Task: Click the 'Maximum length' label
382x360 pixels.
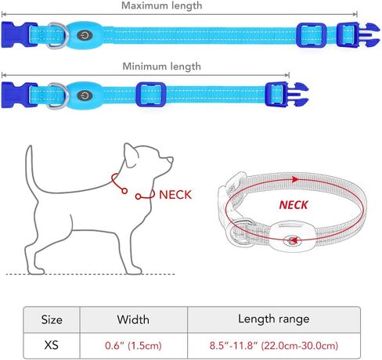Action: tap(162, 5)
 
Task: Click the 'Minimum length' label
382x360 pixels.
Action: tap(162, 67)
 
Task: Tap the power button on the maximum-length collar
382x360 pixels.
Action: tap(85, 35)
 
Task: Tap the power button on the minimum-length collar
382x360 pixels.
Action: tap(85, 95)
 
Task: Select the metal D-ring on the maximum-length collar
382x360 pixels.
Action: tap(58, 35)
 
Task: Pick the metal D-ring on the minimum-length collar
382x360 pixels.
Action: tap(58, 95)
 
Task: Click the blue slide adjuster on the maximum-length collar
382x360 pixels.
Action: tap(312, 35)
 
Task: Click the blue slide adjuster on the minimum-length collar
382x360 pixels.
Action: tap(151, 94)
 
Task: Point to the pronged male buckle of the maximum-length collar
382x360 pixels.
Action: tap(358, 34)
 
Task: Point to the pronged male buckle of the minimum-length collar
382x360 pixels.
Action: tap(286, 94)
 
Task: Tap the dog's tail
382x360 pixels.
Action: tap(31, 171)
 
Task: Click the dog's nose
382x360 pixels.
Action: tap(171, 159)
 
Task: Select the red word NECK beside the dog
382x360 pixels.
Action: tap(175, 195)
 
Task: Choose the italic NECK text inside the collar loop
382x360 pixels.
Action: tap(294, 205)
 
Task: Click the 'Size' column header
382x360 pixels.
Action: tap(52, 319)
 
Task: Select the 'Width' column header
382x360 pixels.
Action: tap(133, 319)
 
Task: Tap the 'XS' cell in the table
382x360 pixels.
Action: tap(52, 345)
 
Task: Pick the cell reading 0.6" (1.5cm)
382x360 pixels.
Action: tap(133, 346)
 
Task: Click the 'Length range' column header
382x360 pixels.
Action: tap(274, 319)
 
